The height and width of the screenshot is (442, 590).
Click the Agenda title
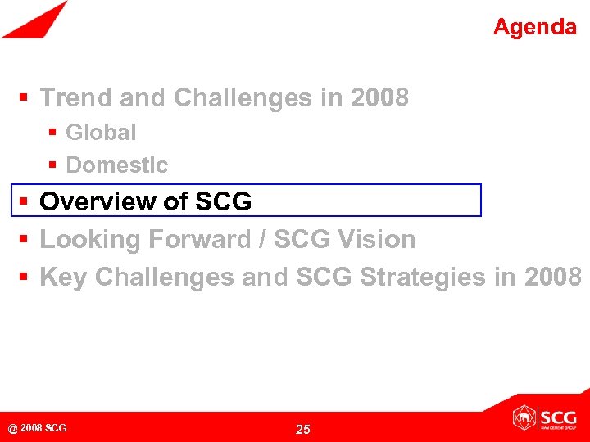(534, 27)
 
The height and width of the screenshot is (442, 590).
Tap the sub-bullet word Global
(101, 132)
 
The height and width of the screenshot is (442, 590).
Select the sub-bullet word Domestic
(116, 165)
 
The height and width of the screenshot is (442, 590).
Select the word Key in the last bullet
(64, 277)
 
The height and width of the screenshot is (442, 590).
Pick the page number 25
(302, 429)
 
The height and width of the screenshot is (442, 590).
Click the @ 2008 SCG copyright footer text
(37, 428)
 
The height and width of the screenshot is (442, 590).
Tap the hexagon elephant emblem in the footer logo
(523, 418)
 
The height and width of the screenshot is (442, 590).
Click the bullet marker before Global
(52, 132)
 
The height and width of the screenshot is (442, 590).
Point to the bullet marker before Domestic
(52, 165)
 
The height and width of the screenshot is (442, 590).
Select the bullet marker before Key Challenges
(25, 277)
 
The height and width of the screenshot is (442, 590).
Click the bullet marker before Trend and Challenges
(25, 98)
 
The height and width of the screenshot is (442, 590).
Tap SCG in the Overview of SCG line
(224, 201)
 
